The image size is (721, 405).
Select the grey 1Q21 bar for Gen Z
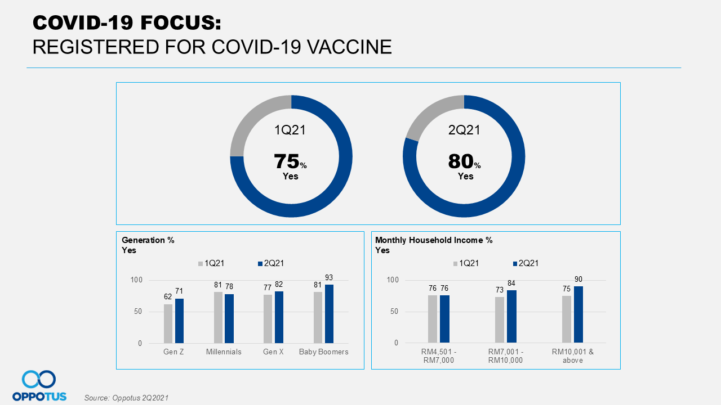click(168, 323)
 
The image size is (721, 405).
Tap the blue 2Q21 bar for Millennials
click(229, 318)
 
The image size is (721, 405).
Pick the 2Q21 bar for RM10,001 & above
click(578, 314)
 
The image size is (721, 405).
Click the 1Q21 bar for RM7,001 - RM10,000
click(500, 319)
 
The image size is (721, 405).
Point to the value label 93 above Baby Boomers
click(330, 277)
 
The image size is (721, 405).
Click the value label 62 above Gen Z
click(168, 297)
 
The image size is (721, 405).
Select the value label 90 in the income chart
click(578, 279)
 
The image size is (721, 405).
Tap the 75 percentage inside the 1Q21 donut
click(287, 161)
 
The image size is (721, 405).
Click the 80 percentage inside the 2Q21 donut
click(460, 161)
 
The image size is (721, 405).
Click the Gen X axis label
click(273, 352)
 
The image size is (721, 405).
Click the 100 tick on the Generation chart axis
click(137, 280)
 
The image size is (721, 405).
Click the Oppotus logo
click(39, 386)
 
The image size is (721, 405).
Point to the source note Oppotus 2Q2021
click(126, 398)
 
